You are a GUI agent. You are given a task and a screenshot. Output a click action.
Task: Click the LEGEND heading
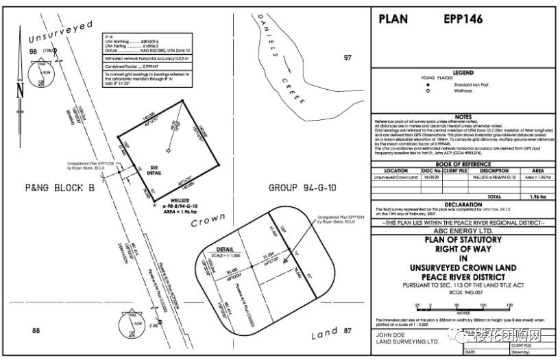(x=463, y=72)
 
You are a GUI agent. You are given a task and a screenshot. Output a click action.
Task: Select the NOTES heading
(x=463, y=117)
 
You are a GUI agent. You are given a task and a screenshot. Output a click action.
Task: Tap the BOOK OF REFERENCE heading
(x=463, y=164)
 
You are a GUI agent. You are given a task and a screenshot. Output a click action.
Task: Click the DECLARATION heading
(x=463, y=204)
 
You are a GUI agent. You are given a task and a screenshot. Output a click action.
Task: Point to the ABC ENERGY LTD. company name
(x=463, y=230)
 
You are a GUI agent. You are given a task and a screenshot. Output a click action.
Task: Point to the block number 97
(x=347, y=58)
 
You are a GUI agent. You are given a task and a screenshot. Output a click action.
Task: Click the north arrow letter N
(x=20, y=90)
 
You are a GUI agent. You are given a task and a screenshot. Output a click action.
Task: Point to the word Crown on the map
(x=208, y=222)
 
